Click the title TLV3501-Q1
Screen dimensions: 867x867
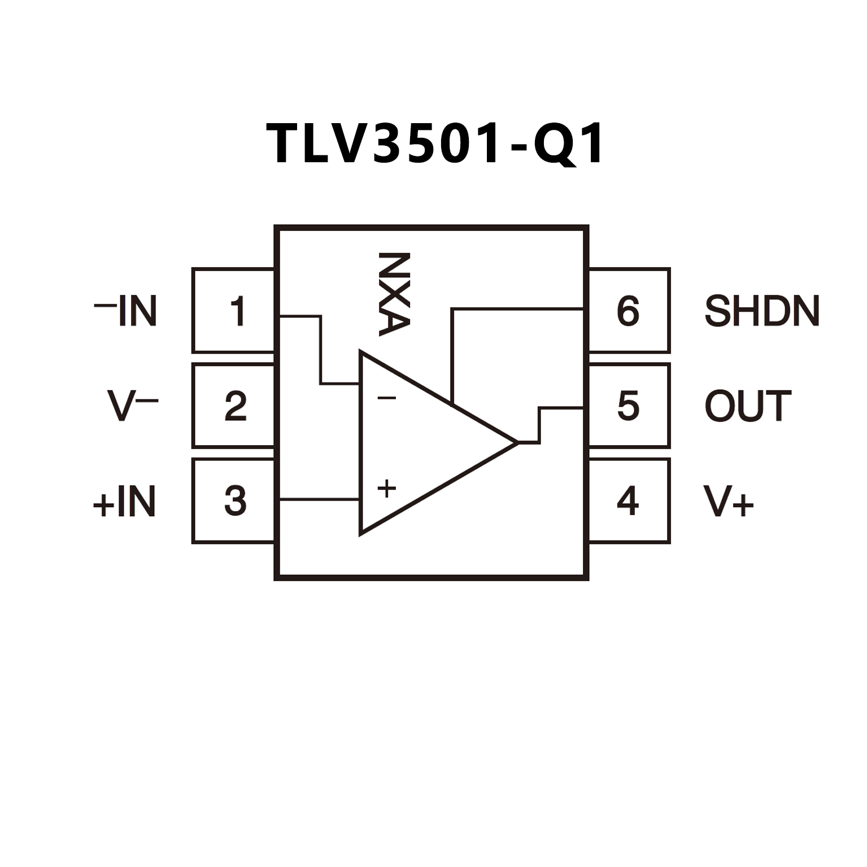pos(435,144)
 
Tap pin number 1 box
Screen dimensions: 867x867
pos(234,311)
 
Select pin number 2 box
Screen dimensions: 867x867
pos(234,406)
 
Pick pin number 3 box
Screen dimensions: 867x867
pos(234,500)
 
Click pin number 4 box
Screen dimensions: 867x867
pos(629,500)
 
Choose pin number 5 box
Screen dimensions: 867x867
pos(629,406)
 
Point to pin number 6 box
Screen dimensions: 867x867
pos(629,311)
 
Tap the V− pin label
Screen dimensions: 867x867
pos(132,406)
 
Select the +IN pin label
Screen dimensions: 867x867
pos(124,502)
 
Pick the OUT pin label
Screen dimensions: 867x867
pos(747,406)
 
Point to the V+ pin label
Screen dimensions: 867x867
pos(728,502)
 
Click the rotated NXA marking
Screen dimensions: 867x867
pos(394,294)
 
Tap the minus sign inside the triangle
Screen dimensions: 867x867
pos(387,398)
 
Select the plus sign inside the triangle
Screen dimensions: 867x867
pos(387,489)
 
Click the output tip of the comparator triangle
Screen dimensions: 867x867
pos(516,443)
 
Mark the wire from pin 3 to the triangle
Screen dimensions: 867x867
pos(319,499)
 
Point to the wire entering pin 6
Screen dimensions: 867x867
pos(517,309)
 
